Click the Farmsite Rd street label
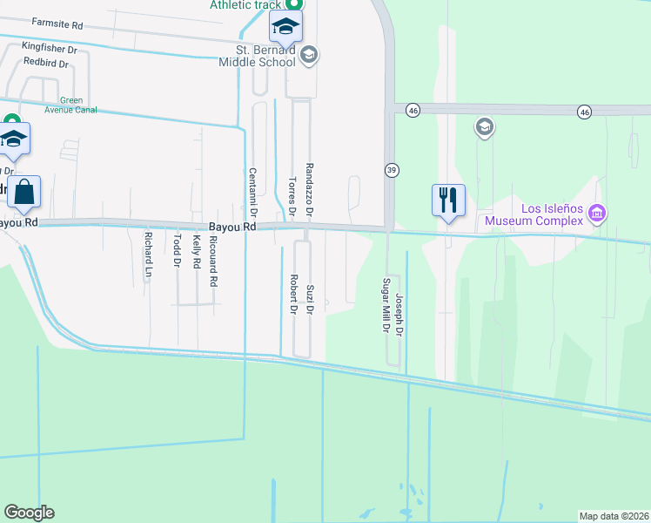pos(57,22)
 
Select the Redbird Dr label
pos(46,62)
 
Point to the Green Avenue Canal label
pos(66,105)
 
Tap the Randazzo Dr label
pos(309,188)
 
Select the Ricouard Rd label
pos(213,262)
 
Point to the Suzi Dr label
pos(310,297)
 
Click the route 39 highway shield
pos(392,170)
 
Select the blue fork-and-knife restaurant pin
pos(448,200)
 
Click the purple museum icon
pos(596,213)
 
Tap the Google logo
pos(29,513)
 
